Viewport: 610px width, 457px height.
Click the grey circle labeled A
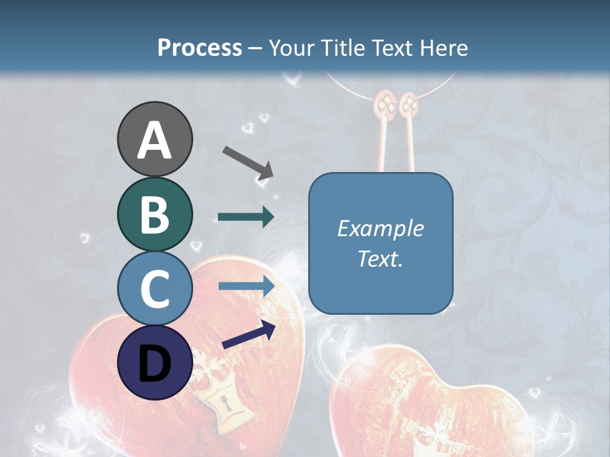(x=154, y=139)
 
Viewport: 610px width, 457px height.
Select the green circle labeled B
(x=154, y=214)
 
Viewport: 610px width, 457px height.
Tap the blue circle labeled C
(x=154, y=288)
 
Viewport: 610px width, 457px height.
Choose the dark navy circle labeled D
(x=154, y=362)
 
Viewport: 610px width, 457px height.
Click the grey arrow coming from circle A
(x=247, y=162)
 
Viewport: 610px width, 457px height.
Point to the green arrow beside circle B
(x=246, y=217)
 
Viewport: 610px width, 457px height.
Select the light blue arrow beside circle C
(x=246, y=286)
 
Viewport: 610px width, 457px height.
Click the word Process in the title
(x=200, y=48)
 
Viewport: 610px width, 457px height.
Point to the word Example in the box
(x=380, y=228)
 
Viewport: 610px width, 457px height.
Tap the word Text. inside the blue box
(x=380, y=258)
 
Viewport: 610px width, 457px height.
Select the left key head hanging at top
(x=384, y=103)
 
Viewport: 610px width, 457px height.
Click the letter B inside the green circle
(x=154, y=215)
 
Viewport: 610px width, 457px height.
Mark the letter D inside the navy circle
(x=154, y=364)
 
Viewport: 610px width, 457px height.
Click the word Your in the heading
(x=291, y=48)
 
